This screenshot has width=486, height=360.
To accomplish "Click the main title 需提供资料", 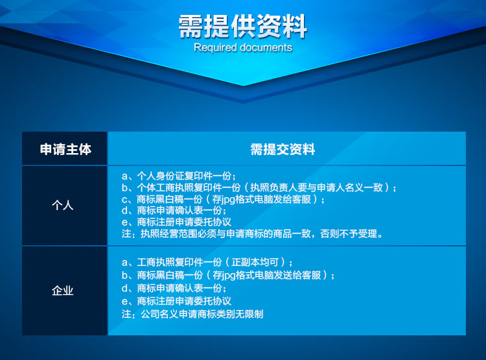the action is click(243, 27).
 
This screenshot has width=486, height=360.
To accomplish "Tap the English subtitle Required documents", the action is click(243, 47).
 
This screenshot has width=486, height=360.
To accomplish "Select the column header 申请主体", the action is click(65, 149).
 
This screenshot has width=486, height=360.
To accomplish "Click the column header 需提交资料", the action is click(283, 149).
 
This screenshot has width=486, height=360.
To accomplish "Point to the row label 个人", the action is click(63, 205).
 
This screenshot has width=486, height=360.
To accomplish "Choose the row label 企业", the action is click(63, 291).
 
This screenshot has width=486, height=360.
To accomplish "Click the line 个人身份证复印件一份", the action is click(179, 176).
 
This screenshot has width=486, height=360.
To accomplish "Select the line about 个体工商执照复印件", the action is click(259, 187).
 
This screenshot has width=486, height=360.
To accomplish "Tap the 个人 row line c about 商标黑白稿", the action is click(223, 199).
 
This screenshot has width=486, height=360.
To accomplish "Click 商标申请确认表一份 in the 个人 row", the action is click(174, 210).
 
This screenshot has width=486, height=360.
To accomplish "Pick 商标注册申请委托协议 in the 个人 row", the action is click(176, 222).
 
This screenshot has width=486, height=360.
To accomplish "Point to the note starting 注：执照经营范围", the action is click(252, 234).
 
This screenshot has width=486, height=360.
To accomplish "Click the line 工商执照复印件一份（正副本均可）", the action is click(207, 262).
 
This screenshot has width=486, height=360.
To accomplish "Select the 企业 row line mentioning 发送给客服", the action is click(228, 275).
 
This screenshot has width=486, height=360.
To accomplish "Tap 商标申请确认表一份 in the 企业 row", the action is click(174, 288).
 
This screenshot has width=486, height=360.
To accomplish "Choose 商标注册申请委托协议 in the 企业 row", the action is click(176, 301).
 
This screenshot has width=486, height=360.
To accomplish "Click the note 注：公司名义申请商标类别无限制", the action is click(192, 314).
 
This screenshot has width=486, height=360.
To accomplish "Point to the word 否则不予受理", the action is click(349, 234).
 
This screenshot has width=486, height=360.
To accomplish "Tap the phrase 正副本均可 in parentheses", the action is click(255, 262).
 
